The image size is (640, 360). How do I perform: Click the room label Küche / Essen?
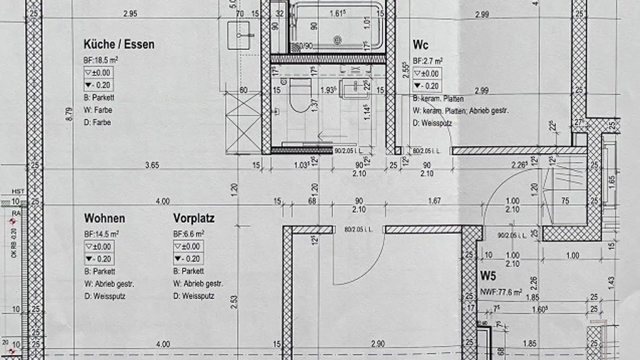tap(119, 44)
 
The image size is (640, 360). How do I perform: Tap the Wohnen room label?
tap(104, 218)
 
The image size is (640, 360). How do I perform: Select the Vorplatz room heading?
tap(194, 218)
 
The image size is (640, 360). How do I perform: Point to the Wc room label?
tap(420, 45)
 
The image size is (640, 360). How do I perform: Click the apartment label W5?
tap(488, 276)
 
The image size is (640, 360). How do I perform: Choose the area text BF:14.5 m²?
tap(101, 233)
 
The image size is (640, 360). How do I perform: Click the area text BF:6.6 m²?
tap(188, 233)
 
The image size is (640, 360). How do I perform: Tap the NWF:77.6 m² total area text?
tap(501, 292)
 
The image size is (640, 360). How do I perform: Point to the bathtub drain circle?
tap(338, 40)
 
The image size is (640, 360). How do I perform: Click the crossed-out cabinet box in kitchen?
tap(243, 123)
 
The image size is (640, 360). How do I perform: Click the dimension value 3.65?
tap(152, 165)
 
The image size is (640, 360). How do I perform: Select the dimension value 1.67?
tap(434, 201)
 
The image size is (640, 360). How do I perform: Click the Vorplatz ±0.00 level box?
tap(188, 246)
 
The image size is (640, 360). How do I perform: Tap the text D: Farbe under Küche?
tap(97, 122)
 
